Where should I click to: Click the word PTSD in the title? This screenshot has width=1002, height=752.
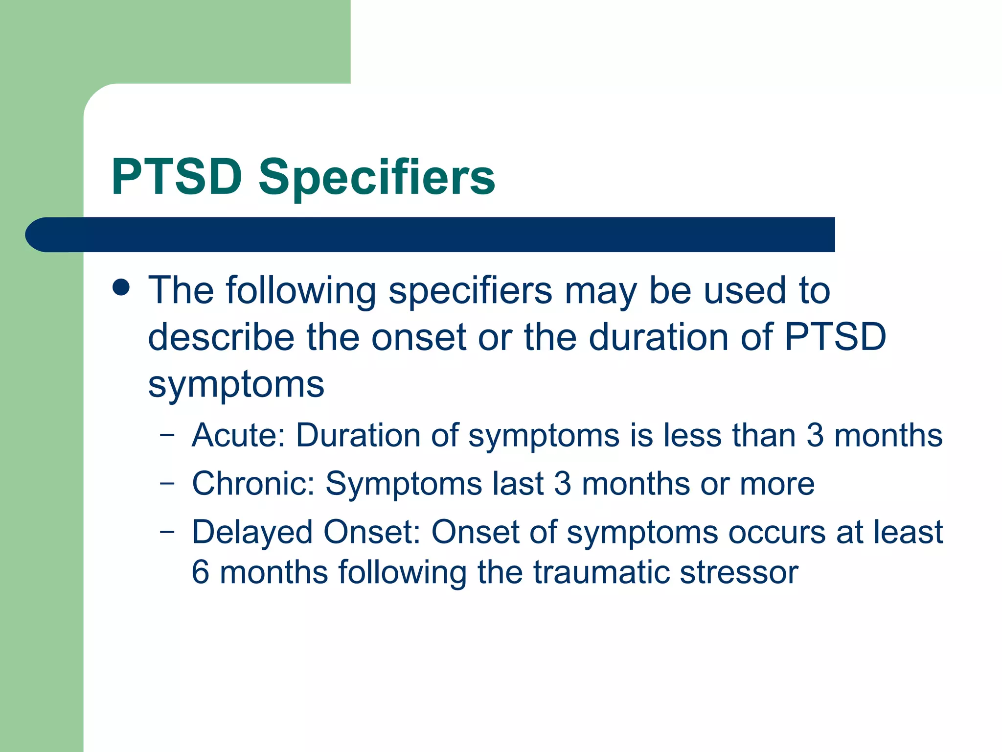coord(177,177)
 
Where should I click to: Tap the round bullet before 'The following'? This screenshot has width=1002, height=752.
coord(121,287)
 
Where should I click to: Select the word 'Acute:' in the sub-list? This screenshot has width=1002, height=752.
coord(238,435)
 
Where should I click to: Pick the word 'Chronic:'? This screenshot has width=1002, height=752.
coord(253,484)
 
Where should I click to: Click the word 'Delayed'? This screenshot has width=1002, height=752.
coord(252,533)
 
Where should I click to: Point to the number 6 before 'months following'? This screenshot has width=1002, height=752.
coord(200,572)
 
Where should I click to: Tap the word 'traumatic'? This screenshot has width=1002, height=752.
coord(601,572)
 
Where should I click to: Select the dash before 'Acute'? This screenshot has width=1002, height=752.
coord(167,434)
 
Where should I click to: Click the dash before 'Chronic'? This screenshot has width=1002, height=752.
coord(167,483)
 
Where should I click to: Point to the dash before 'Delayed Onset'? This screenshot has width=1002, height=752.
coord(167,531)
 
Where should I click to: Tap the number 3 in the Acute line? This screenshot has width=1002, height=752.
coord(815,435)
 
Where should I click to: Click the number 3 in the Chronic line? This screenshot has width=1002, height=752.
coord(563,484)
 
